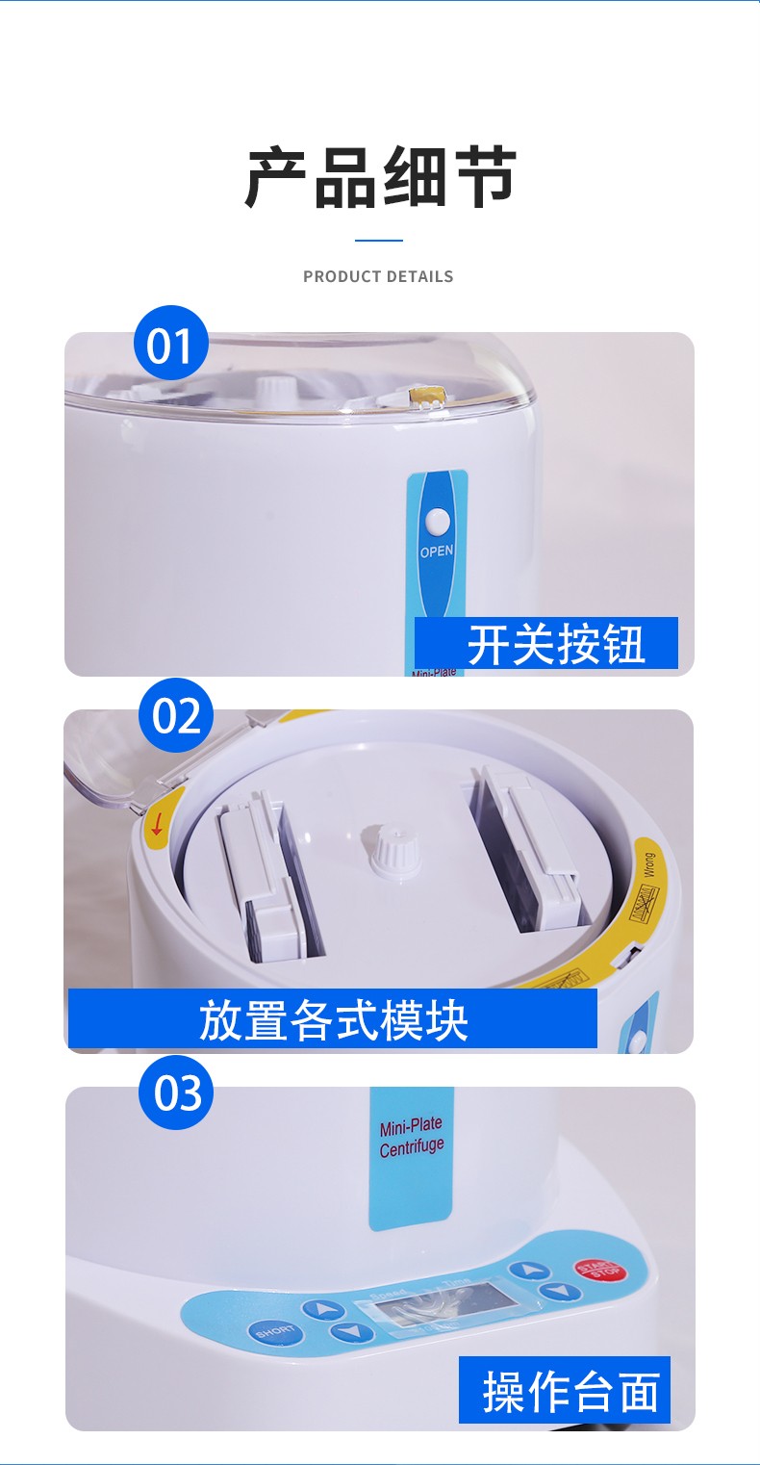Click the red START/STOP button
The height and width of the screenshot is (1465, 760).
598,1270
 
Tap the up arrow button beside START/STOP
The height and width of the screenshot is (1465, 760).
529,1272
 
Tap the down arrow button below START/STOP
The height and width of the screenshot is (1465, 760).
559,1292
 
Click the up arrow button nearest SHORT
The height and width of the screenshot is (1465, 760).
321,1309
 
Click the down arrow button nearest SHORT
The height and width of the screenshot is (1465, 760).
351,1332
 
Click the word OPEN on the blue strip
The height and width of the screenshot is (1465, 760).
436,552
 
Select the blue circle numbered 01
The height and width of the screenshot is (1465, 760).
171,344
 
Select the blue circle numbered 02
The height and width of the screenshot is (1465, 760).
176,716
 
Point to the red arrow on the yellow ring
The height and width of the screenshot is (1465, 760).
157,824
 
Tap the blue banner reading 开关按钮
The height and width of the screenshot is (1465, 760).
546,643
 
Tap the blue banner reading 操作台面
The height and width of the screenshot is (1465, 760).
565,1390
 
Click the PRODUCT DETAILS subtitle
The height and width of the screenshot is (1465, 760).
378,276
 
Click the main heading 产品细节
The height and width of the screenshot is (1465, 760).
380,178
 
